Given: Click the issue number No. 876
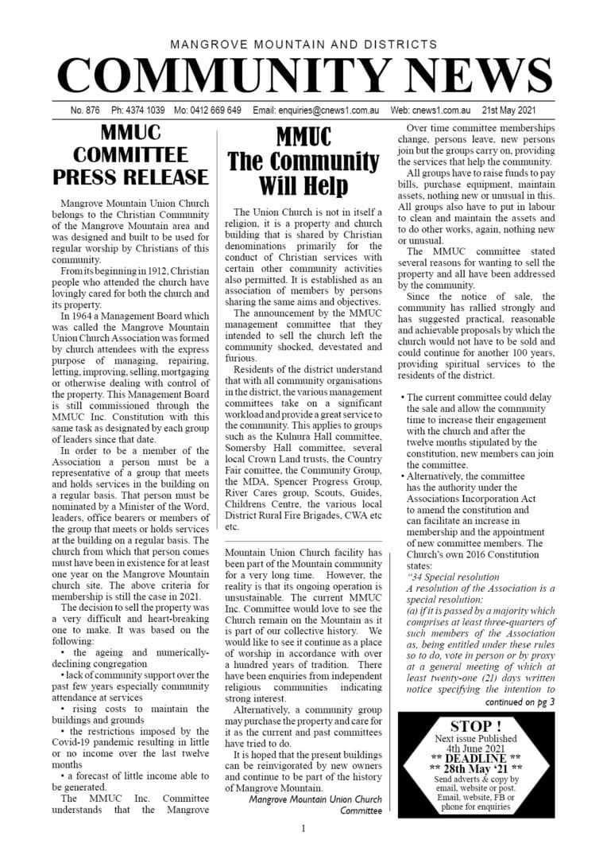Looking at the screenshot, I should point(85,111).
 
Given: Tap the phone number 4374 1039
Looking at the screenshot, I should point(148,111).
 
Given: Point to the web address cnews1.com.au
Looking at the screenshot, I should point(443,111).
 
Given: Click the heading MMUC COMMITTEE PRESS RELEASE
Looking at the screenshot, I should point(130,154).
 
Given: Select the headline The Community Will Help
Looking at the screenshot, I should point(303,161).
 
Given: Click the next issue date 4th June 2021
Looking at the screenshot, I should point(475,749).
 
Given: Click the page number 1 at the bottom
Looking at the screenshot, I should point(303,829).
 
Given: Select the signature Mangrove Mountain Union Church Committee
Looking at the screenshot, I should point(315,805).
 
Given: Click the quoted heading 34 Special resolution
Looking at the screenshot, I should point(452,577).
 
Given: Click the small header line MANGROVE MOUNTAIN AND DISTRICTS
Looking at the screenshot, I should point(303,45).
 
